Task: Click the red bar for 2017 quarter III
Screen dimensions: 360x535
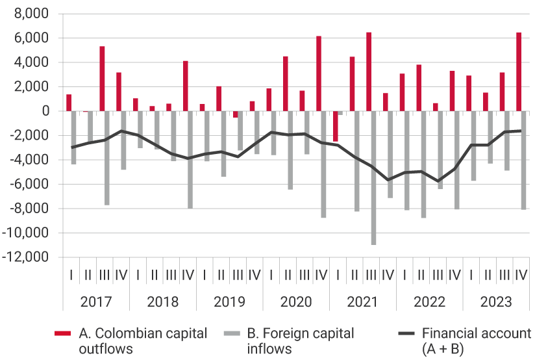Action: (102, 79)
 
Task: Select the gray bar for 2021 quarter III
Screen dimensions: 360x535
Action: (373, 178)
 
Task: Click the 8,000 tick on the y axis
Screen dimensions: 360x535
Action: (31, 14)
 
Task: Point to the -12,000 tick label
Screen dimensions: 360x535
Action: (27, 257)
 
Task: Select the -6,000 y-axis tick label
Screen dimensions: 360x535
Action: (29, 185)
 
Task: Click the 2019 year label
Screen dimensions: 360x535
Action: (229, 302)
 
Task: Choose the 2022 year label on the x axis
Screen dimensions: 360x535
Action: (429, 302)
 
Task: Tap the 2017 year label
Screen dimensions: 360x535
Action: (96, 302)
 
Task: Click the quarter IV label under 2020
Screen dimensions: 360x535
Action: (321, 275)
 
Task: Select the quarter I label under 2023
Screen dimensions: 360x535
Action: (471, 275)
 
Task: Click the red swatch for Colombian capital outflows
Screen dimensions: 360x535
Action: (62, 334)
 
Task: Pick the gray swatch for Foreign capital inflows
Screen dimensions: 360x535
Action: (231, 334)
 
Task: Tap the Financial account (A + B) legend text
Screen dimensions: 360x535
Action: (475, 341)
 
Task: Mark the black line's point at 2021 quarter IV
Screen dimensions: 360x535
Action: (388, 180)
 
